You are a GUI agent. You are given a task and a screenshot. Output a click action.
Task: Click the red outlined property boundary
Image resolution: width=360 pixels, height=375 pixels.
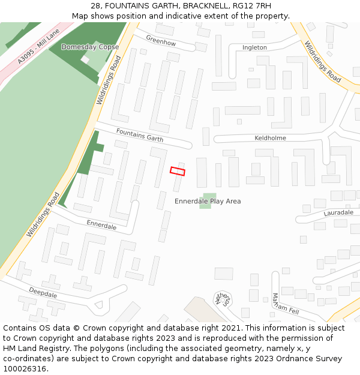(x=177, y=171)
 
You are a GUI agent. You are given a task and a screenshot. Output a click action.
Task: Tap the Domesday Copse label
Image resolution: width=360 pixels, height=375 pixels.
(x=90, y=47)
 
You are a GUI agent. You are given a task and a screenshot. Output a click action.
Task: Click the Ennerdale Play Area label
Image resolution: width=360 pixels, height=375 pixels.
(x=208, y=201)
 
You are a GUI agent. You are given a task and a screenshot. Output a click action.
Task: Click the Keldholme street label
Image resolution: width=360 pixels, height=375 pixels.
(x=270, y=138)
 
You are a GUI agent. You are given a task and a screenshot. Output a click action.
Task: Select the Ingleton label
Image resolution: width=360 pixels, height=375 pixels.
(x=254, y=47)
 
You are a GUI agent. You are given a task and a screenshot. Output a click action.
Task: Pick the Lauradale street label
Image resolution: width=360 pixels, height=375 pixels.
(x=338, y=213)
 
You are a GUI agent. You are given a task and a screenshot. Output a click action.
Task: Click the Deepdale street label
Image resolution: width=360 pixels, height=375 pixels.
(x=43, y=295)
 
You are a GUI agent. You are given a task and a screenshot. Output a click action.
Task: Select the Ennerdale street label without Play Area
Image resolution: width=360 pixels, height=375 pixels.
(x=101, y=225)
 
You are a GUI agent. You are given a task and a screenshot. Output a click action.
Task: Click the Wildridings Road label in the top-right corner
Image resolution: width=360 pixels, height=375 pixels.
(x=322, y=61)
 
